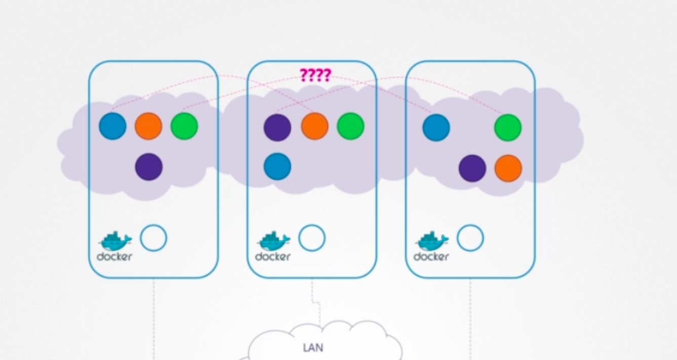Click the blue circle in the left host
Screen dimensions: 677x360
[x=112, y=126]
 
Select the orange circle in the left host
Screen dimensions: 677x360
[x=148, y=126]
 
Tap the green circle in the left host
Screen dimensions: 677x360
[x=184, y=126]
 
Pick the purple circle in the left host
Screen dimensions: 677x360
[x=148, y=167]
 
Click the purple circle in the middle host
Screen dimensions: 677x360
[x=277, y=127]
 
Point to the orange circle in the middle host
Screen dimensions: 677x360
[x=315, y=126]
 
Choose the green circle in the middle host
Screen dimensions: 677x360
[x=351, y=126]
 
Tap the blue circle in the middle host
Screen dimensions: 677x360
[x=277, y=167]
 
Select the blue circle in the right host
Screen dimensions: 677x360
[x=436, y=127]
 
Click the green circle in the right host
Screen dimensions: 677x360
[x=508, y=127]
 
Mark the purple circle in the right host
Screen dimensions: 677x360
[x=472, y=168]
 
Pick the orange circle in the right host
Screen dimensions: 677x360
[x=508, y=168]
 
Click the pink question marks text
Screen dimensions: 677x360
[x=315, y=76]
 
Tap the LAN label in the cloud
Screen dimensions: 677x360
[x=313, y=348]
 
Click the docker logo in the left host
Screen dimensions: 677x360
[x=115, y=246]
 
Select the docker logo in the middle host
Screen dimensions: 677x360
[x=273, y=246]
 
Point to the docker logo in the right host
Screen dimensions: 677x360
[x=431, y=246]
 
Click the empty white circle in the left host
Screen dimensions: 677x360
[x=154, y=238]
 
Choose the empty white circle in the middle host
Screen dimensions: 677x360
[x=312, y=238]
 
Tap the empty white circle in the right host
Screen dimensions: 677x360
[x=470, y=238]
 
